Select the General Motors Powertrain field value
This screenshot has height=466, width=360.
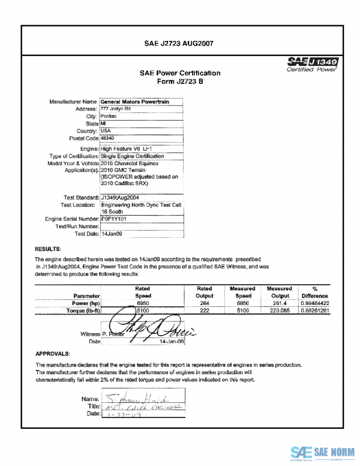[x=134, y=102]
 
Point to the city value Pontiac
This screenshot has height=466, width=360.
[x=109, y=116]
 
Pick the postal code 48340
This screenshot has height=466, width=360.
[x=108, y=138]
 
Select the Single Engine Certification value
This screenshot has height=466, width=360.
[x=132, y=156]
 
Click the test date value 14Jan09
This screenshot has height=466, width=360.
[x=112, y=234]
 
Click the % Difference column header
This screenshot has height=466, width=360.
[x=314, y=292]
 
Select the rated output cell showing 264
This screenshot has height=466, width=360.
[x=204, y=303]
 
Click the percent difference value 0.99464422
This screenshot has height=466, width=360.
[x=315, y=303]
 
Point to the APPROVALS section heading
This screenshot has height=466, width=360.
[x=53, y=354]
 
